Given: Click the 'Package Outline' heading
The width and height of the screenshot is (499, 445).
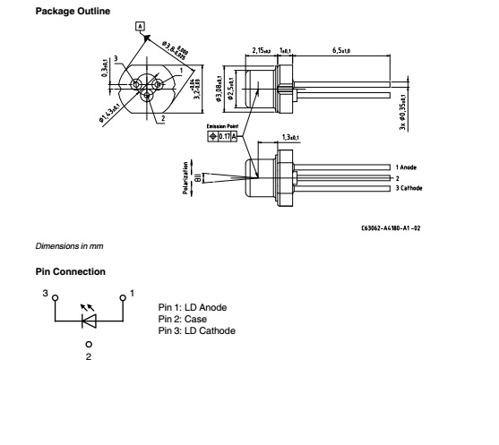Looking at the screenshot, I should (x=61, y=10).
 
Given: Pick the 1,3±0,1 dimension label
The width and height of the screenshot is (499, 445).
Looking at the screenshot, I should (x=289, y=136).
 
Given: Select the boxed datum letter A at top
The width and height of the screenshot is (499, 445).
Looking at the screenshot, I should (x=140, y=26).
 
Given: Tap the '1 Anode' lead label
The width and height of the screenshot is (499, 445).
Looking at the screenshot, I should (x=409, y=167).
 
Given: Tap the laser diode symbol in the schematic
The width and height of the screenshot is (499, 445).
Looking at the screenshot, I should (x=89, y=318).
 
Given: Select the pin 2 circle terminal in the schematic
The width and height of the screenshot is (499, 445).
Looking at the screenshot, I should (x=89, y=344).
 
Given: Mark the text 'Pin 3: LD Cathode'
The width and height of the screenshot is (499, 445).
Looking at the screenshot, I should (x=197, y=330).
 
